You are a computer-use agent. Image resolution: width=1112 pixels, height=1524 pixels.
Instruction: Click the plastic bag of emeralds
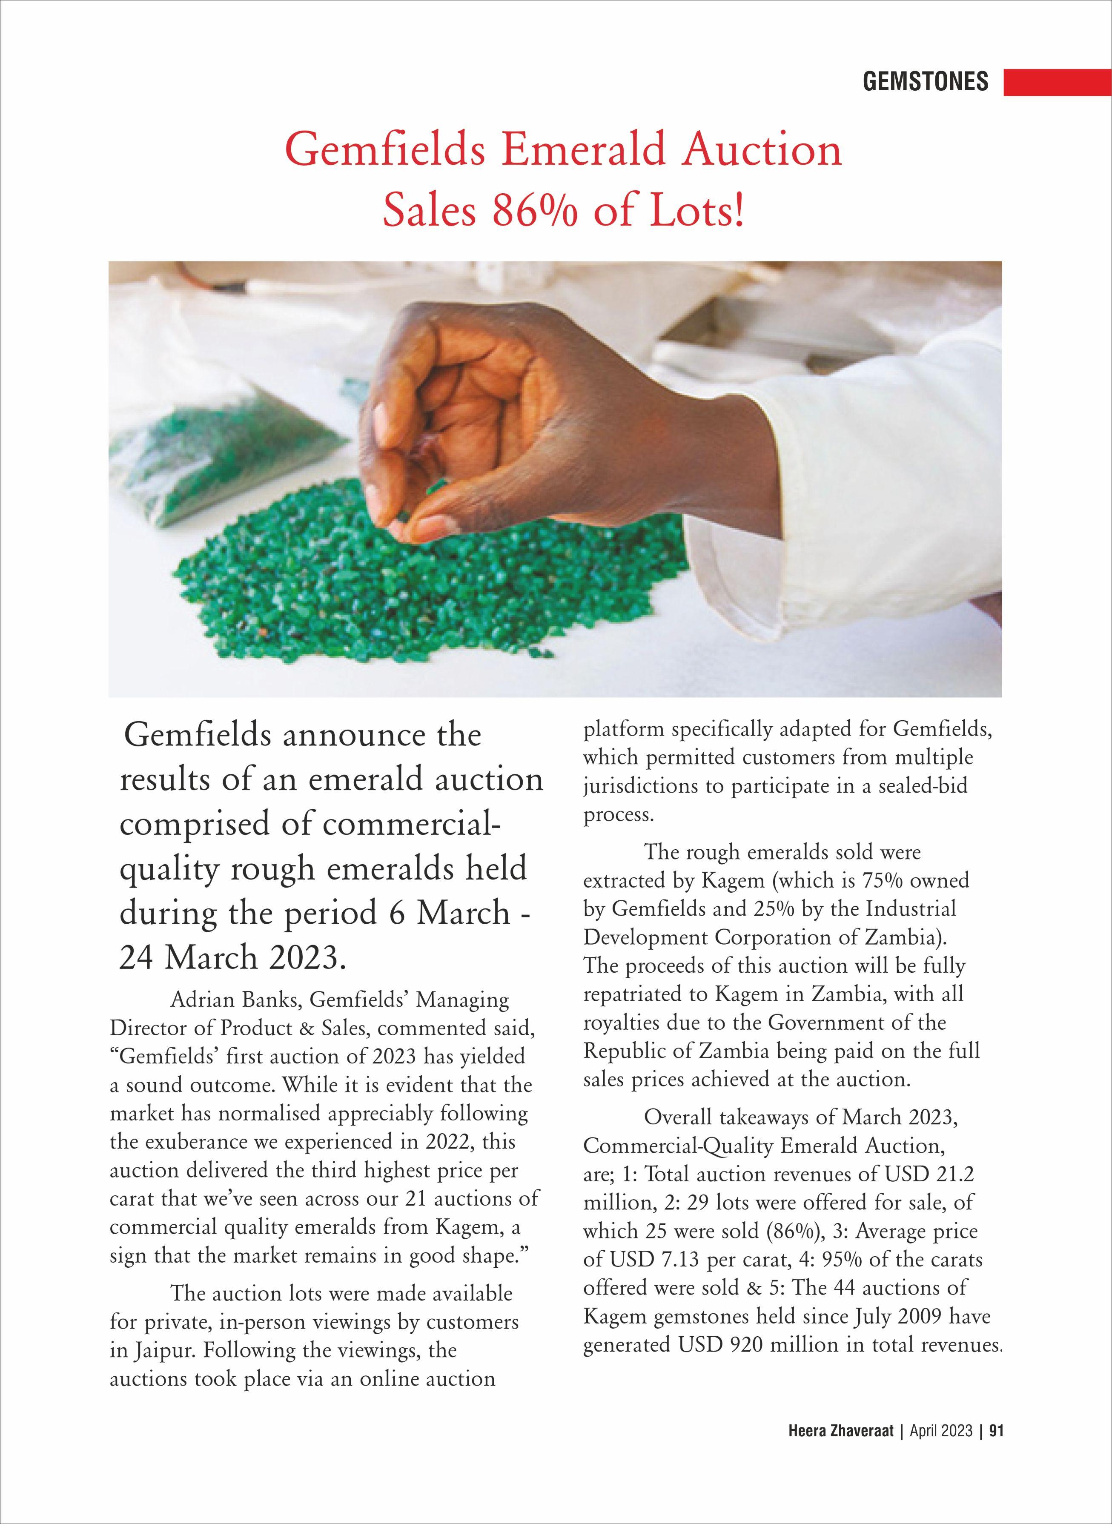[222, 444]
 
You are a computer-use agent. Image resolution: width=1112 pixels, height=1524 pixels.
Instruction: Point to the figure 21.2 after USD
[955, 1174]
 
